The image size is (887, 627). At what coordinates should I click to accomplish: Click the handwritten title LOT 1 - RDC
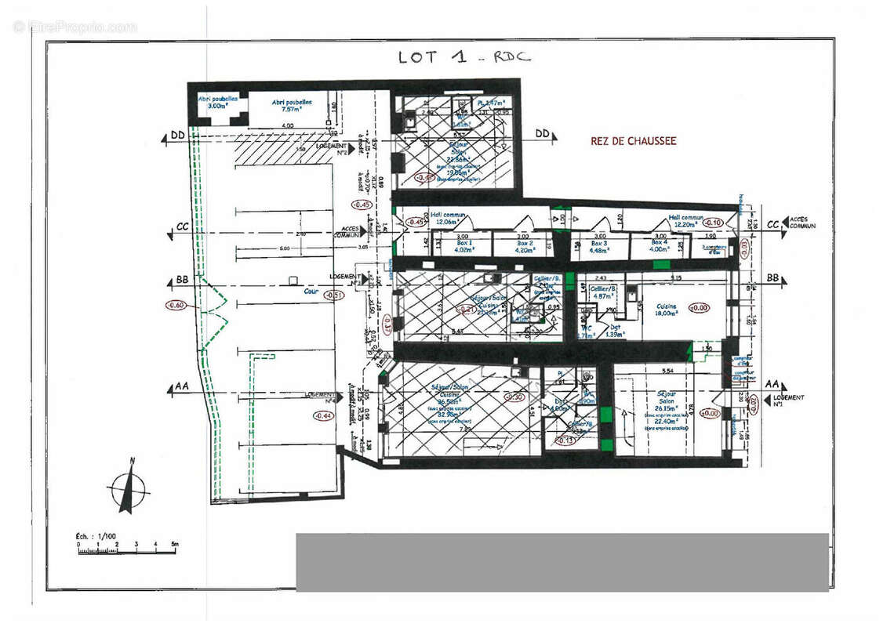(463, 57)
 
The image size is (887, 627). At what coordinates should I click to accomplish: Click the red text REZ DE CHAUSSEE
(633, 142)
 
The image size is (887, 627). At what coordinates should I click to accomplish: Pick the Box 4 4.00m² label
(660, 246)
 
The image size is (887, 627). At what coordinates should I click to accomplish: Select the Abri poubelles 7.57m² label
(292, 106)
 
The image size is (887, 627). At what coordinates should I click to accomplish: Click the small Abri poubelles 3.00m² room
(213, 103)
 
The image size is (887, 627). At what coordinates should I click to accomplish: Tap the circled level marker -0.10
(714, 222)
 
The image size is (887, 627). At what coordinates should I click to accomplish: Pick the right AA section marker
(772, 385)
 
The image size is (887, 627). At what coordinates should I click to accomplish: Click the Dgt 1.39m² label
(615, 332)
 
